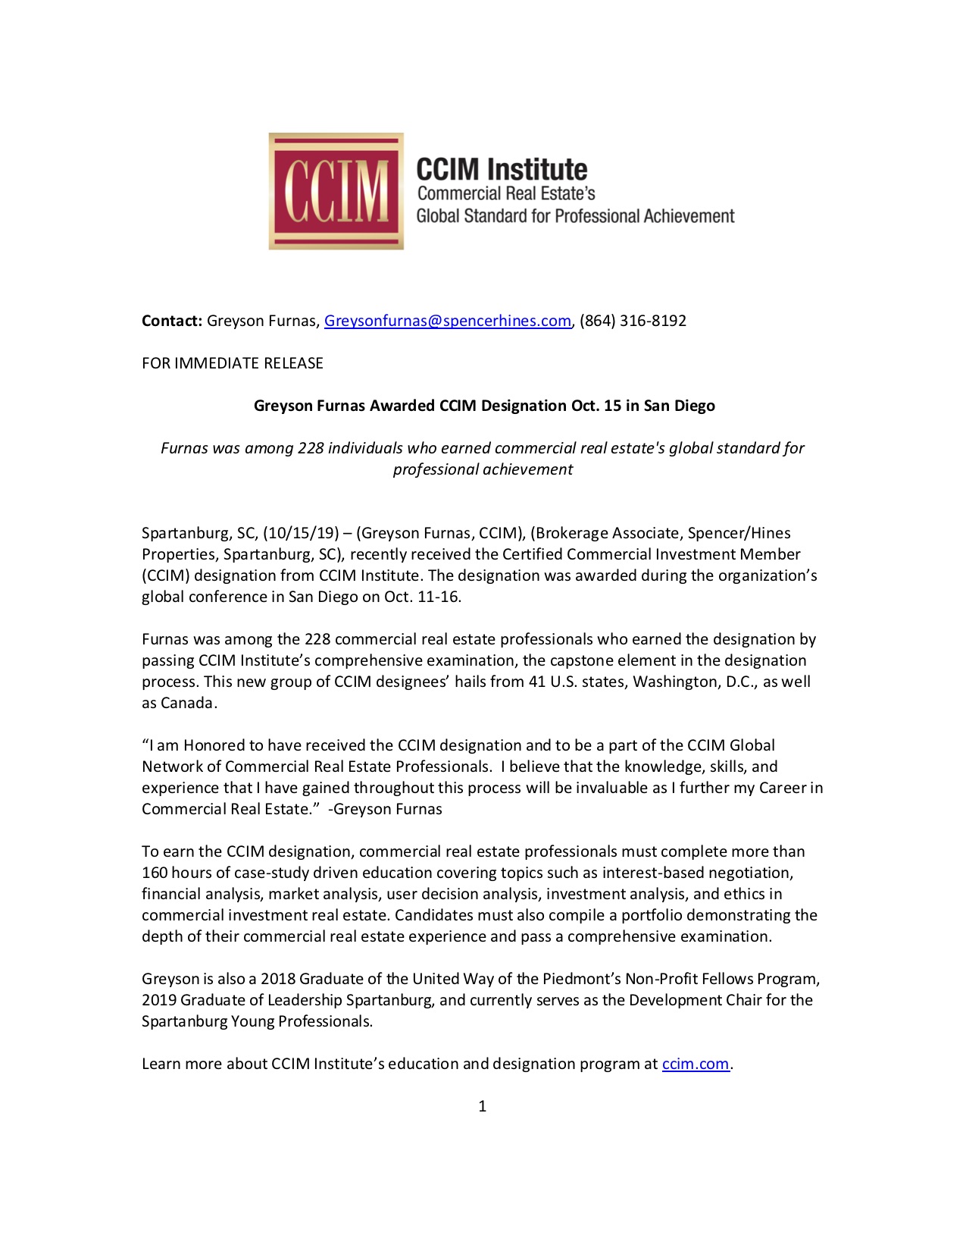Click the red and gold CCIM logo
[x=336, y=191]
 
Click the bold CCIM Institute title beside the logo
[x=502, y=169]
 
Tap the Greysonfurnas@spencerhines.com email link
[x=447, y=321]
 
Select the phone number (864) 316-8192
[x=633, y=321]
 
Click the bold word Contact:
[x=172, y=321]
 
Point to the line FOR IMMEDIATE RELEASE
[x=233, y=363]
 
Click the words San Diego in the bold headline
[x=679, y=406]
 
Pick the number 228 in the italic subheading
[x=311, y=448]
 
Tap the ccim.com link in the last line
[x=696, y=1064]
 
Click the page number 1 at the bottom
[x=483, y=1106]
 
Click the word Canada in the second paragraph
[x=188, y=703]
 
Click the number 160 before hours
[x=155, y=873]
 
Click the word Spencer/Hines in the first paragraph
[x=739, y=533]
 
